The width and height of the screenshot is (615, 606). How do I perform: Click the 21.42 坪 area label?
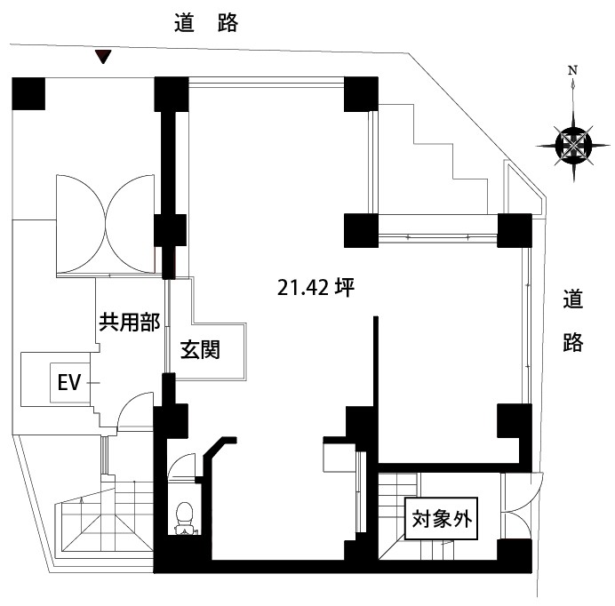(x=316, y=287)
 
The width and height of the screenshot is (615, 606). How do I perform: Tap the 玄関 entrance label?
(x=201, y=349)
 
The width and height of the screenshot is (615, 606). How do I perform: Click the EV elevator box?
(x=70, y=383)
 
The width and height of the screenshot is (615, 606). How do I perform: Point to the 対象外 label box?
(x=442, y=522)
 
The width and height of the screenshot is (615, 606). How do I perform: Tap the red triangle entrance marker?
(x=104, y=58)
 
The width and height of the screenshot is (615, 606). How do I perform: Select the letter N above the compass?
(x=573, y=70)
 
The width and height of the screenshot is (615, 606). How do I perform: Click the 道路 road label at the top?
(x=205, y=24)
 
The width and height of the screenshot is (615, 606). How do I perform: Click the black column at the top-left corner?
(x=28, y=93)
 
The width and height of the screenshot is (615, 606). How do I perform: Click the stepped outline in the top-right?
(x=444, y=160)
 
